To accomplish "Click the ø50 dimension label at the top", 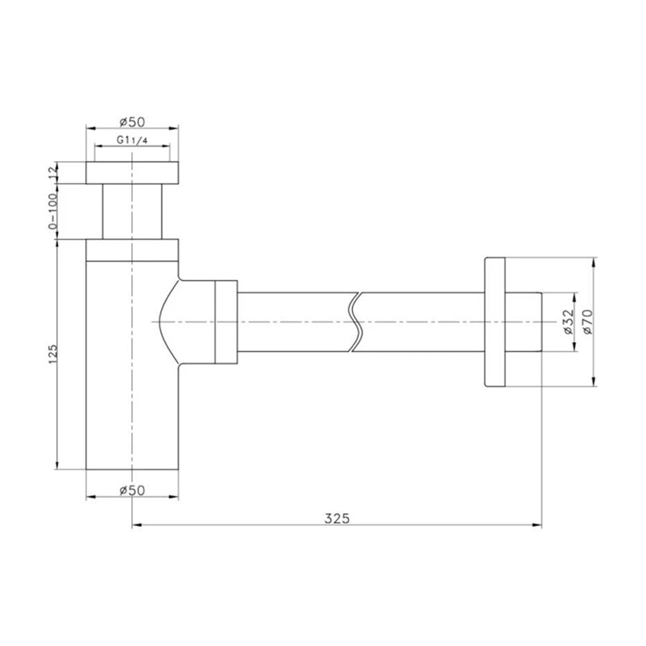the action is point(132,122).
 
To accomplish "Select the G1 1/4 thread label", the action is point(132,140).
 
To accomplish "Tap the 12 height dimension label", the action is point(53,172).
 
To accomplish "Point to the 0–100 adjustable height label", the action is point(53,210).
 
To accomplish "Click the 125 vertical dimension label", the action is point(53,354).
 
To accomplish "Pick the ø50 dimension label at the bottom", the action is point(132,490).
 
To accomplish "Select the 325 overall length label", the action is point(337,519).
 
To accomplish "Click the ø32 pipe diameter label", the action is point(568,322).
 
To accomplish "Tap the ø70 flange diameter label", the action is point(587,322).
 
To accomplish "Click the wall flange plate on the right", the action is point(495,322).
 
